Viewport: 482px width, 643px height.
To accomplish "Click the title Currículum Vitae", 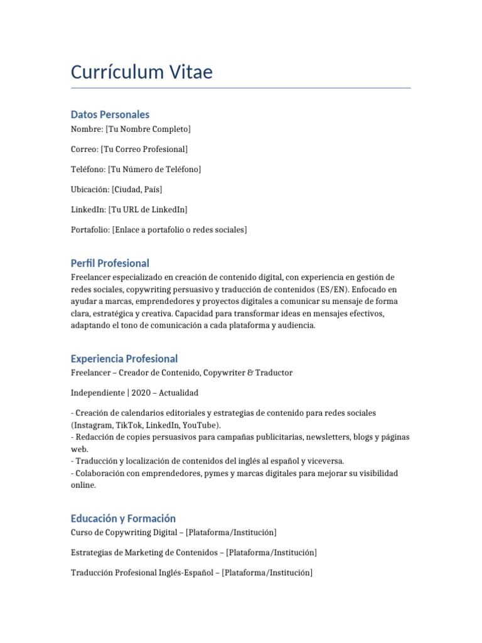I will click(x=142, y=72).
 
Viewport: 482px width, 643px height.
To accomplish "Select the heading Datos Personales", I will click(x=110, y=114).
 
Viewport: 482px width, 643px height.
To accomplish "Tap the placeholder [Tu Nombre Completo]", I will click(x=148, y=129).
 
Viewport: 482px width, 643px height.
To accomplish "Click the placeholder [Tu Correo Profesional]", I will click(x=144, y=149).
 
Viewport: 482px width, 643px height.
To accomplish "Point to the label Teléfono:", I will click(x=88, y=169).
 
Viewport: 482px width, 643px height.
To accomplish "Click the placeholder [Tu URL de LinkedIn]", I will click(x=147, y=209).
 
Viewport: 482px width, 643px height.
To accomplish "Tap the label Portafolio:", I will click(x=90, y=230).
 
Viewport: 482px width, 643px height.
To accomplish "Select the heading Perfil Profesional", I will click(x=110, y=263).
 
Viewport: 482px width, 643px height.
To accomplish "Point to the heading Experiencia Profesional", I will click(x=124, y=359).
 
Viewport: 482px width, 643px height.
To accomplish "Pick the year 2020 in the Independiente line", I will click(x=142, y=392).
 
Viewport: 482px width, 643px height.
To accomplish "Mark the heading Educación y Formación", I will click(x=123, y=518).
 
